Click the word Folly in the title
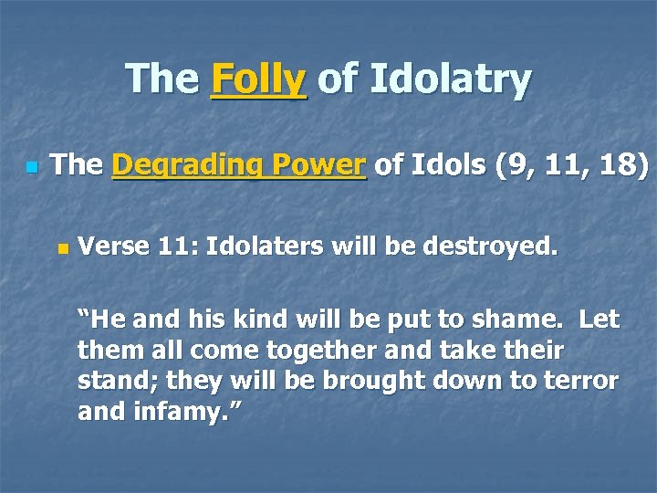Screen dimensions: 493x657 (259, 79)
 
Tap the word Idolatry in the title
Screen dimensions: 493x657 (449, 79)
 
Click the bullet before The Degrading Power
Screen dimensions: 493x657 (32, 168)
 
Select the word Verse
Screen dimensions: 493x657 (109, 246)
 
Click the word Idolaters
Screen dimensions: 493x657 (262, 246)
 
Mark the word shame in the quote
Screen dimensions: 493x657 (519, 320)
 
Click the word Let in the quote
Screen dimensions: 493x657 (600, 320)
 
